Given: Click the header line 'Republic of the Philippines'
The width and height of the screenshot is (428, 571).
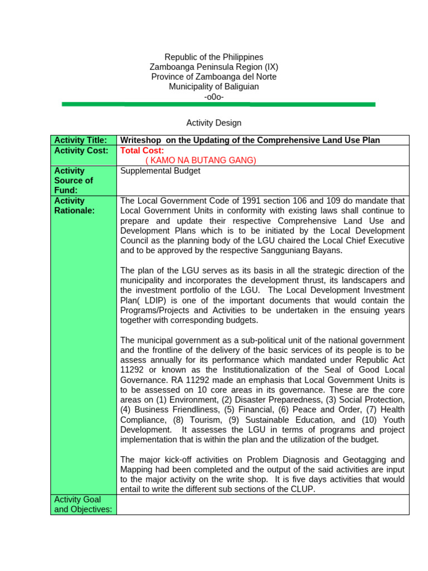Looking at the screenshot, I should tap(214, 57).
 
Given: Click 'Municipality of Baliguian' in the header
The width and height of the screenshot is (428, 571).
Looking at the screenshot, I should tap(214, 86).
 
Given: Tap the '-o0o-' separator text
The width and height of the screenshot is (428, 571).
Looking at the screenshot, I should tap(214, 96).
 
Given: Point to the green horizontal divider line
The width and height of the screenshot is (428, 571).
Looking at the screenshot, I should tap(218, 104).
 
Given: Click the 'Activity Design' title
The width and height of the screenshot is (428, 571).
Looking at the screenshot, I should tap(214, 123).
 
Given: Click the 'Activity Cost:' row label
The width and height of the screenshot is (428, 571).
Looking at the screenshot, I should tap(81, 151).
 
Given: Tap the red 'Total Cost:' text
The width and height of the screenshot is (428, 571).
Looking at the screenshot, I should tap(142, 151).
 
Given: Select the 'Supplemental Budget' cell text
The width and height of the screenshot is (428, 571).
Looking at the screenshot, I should tap(160, 171).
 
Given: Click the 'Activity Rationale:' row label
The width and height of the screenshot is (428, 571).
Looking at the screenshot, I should tap(75, 206).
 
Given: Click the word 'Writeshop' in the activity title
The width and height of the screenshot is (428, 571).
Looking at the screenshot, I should tap(139, 140).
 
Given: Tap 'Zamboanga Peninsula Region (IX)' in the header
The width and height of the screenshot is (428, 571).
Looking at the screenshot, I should tap(214, 67).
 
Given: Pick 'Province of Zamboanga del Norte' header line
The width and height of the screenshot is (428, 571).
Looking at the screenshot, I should tap(214, 77).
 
